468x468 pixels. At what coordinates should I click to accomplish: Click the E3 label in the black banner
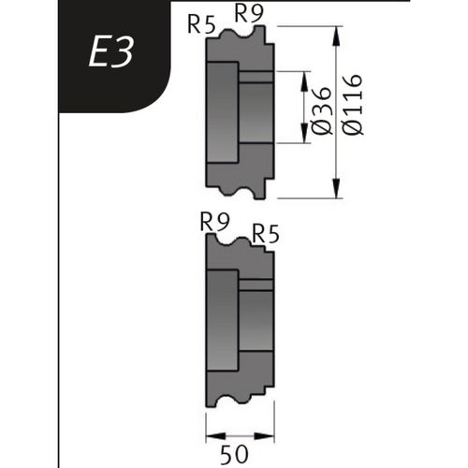click(x=111, y=54)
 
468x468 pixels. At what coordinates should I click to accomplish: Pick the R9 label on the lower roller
click(x=216, y=222)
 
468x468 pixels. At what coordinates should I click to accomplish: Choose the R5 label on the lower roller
click(x=266, y=232)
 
